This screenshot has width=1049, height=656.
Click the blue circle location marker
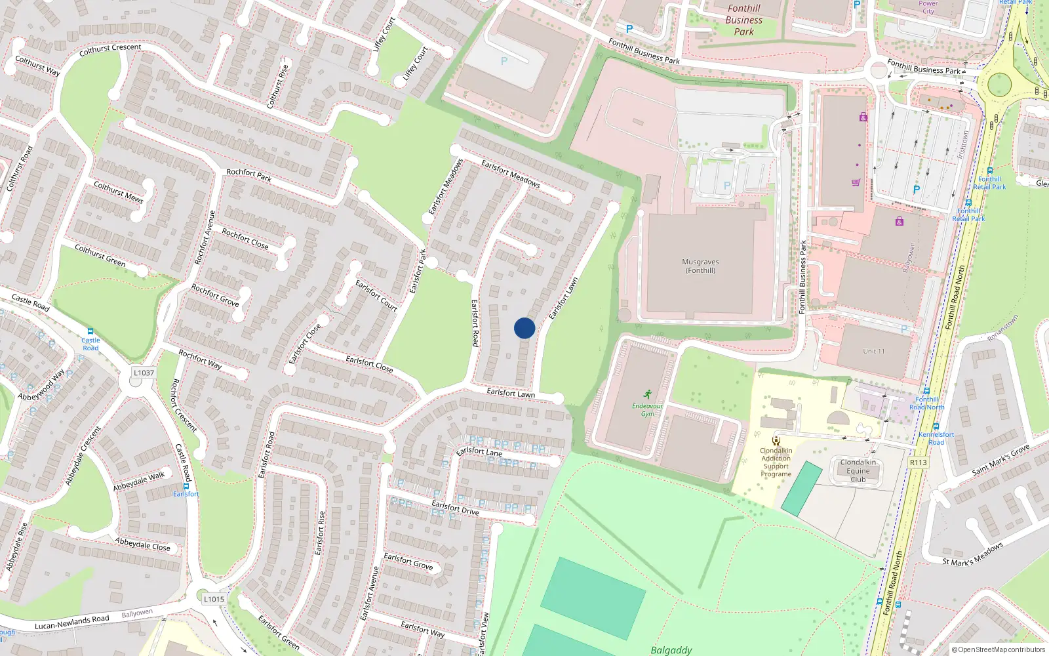pyautogui.click(x=524, y=328)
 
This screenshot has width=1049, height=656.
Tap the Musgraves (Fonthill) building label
pyautogui.click(x=700, y=266)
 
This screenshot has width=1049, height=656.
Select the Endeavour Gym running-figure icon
pyautogui.click(x=648, y=394)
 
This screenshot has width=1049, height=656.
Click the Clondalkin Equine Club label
pyautogui.click(x=858, y=470)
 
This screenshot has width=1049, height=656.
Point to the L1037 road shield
pyautogui.click(x=144, y=373)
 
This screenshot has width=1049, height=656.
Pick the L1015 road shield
pyautogui.click(x=214, y=598)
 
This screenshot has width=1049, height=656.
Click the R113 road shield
pyautogui.click(x=918, y=462)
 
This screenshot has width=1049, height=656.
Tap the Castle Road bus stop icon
pyautogui.click(x=90, y=332)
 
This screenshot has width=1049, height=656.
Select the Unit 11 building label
pyautogui.click(x=873, y=351)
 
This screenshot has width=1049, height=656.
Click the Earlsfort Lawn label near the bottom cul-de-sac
pyautogui.click(x=511, y=393)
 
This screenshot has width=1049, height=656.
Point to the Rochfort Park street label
pyautogui.click(x=248, y=174)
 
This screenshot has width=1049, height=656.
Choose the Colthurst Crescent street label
pyautogui.click(x=110, y=48)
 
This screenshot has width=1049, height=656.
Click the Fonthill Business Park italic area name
pyautogui.click(x=743, y=20)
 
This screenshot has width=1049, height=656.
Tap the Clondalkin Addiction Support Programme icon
pyautogui.click(x=776, y=441)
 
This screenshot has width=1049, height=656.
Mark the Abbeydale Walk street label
pyautogui.click(x=139, y=482)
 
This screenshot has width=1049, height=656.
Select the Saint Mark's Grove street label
pyautogui.click(x=1000, y=459)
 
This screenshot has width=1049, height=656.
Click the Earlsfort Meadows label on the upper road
pyautogui.click(x=511, y=173)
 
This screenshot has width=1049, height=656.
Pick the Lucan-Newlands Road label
pyautogui.click(x=72, y=622)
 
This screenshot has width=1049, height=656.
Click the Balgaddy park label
pyautogui.click(x=671, y=650)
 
